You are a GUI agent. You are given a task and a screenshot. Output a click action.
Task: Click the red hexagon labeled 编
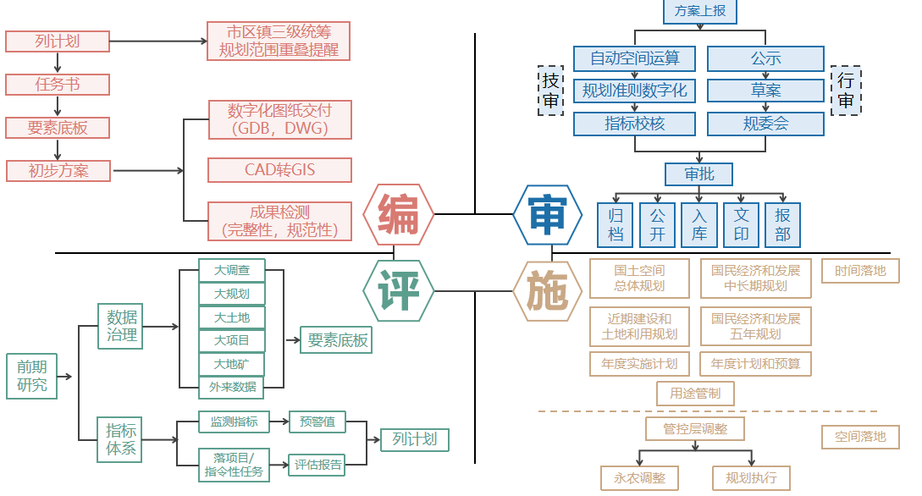tap(399, 215)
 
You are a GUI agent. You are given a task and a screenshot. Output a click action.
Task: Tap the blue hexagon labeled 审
tap(548, 215)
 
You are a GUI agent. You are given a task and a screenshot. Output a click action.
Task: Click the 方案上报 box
tap(699, 11)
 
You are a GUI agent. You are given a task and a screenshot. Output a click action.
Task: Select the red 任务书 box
tap(58, 85)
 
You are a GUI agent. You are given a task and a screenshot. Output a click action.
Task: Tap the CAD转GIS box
tap(279, 169)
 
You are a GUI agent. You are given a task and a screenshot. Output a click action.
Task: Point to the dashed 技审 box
tap(551, 91)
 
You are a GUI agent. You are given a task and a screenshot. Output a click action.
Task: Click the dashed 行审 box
tap(846, 91)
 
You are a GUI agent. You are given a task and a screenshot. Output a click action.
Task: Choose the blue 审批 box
tap(699, 174)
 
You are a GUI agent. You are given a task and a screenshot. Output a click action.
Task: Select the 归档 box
tap(616, 224)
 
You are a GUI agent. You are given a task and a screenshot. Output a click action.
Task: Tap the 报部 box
tap(782, 224)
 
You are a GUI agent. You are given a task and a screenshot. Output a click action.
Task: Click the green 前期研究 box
tap(32, 377)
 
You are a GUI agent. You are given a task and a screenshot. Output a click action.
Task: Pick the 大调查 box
tap(231, 271)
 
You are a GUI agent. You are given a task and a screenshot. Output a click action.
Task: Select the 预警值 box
tap(317, 421)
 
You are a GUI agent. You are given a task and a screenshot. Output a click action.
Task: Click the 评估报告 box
tap(318, 464)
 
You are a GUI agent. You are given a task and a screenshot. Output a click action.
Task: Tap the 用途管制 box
tap(695, 394)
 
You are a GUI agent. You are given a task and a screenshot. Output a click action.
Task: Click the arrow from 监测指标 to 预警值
tap(279, 421)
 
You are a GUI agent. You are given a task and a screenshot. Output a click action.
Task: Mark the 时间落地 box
tap(860, 271)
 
